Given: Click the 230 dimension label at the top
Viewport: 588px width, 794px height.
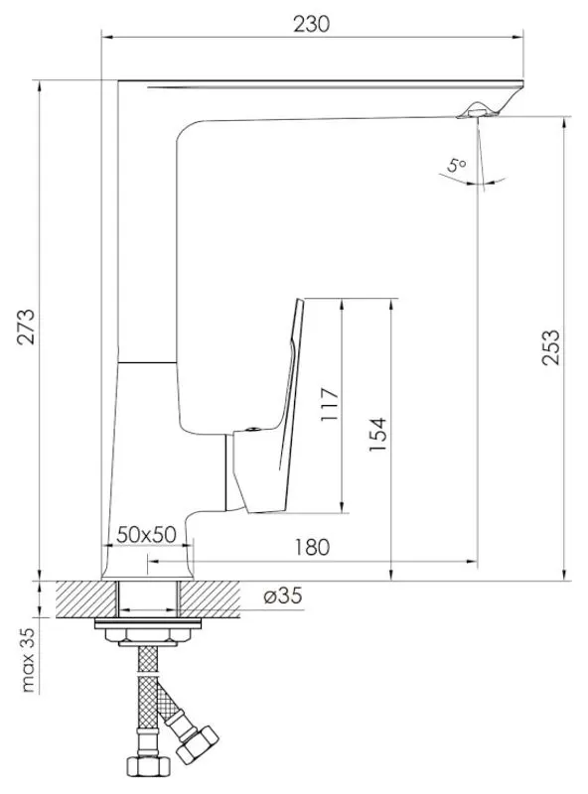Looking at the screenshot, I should pyautogui.click(x=312, y=23).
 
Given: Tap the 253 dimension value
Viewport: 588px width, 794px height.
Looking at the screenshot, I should pyautogui.click(x=551, y=348).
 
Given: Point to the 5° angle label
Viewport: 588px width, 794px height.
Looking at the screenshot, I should pyautogui.click(x=456, y=167).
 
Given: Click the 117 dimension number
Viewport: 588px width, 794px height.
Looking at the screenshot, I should pyautogui.click(x=331, y=405).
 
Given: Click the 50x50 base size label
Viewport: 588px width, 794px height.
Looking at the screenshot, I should pyautogui.click(x=146, y=534).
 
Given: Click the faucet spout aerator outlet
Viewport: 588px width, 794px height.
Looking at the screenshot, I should pyautogui.click(x=475, y=112).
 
